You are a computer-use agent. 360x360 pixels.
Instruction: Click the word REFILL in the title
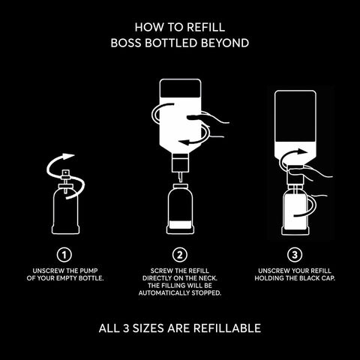(x=206, y=27)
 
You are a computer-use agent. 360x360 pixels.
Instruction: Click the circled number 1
(x=64, y=255)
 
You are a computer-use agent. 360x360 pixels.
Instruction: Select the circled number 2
(x=180, y=255)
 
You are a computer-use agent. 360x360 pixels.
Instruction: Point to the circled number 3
(x=295, y=255)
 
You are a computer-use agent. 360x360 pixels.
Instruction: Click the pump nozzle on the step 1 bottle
(x=65, y=172)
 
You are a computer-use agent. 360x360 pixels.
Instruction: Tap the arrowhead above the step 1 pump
(x=68, y=156)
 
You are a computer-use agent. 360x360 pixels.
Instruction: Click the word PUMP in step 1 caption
(x=88, y=271)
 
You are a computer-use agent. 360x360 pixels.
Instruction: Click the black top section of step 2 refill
(x=180, y=88)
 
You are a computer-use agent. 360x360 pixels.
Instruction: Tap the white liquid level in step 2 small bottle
(x=180, y=225)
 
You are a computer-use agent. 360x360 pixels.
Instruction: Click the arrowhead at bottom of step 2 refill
(x=184, y=142)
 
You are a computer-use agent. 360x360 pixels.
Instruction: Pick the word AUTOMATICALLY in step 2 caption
(x=164, y=293)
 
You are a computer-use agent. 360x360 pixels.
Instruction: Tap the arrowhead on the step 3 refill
(x=302, y=151)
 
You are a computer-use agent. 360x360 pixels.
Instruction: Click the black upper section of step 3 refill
(x=295, y=117)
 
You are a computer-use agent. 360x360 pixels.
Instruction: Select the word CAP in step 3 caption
(x=328, y=278)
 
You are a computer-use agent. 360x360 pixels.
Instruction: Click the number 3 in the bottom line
(x=126, y=328)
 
